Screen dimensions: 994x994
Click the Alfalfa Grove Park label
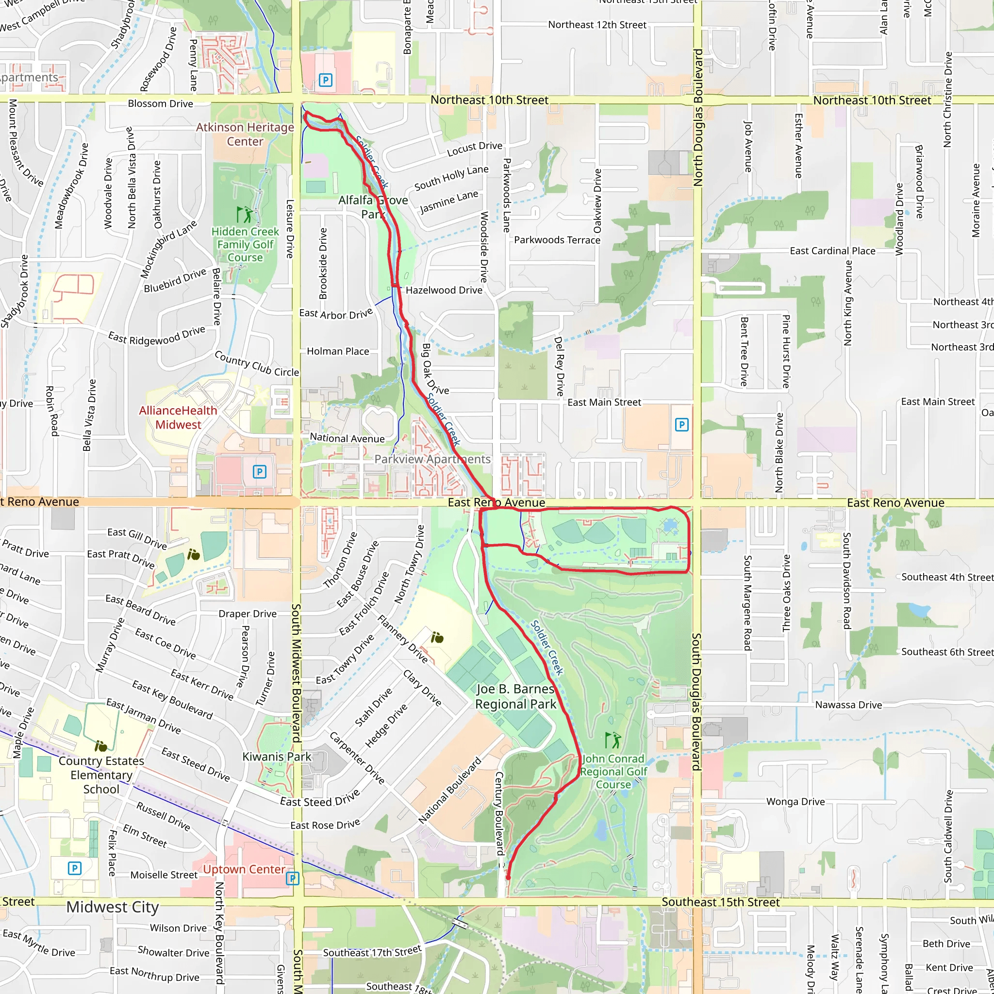[373, 207]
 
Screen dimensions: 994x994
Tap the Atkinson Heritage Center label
[245, 134]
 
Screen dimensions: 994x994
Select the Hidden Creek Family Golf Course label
[245, 245]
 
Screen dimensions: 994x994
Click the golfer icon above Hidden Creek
[245, 214]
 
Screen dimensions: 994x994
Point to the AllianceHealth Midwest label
[178, 417]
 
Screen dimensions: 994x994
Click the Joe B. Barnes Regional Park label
[515, 696]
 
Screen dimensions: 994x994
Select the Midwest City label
[113, 907]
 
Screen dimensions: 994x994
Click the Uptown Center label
[244, 869]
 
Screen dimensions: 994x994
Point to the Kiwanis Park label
[277, 756]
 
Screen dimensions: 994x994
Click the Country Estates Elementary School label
[101, 775]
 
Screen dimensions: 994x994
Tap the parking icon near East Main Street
[682, 425]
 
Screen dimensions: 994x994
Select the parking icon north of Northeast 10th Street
[325, 80]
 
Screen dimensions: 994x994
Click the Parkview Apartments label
[432, 459]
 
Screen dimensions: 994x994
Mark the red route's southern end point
[508, 878]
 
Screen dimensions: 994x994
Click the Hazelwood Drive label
[444, 290]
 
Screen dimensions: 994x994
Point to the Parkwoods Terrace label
[557, 240]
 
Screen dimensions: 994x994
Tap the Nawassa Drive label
[848, 705]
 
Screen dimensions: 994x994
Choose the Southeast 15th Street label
[720, 902]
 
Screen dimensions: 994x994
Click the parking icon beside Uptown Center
[293, 878]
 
